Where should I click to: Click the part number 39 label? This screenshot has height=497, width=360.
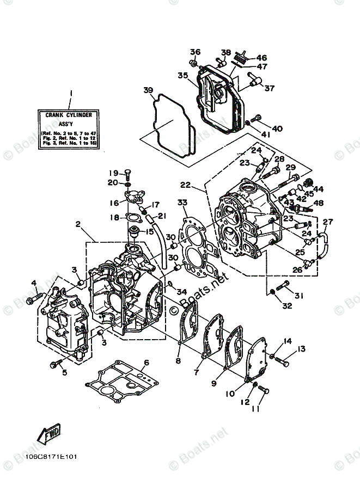click(148, 90)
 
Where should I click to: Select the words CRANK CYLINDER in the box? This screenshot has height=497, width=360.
click(68, 115)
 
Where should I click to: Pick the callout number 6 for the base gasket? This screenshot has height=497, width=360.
click(147, 363)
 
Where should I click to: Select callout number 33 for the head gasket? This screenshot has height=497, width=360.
click(182, 202)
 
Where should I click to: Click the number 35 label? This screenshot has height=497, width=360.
click(182, 76)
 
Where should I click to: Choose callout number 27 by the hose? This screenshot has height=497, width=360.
click(327, 222)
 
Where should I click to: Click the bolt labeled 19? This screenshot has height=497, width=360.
click(127, 174)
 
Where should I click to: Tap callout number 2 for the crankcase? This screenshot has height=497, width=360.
click(78, 224)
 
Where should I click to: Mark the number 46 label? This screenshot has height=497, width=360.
click(261, 58)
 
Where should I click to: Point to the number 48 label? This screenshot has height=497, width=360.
click(319, 204)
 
